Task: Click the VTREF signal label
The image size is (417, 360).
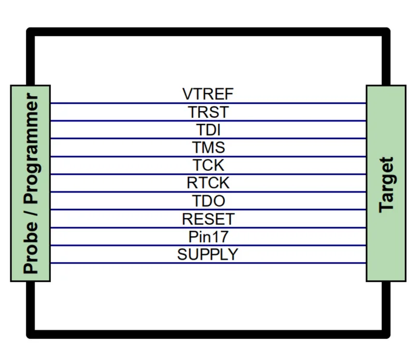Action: click(208, 94)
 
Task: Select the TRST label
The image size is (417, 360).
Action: click(208, 112)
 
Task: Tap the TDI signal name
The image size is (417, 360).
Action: click(208, 130)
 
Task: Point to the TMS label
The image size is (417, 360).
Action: click(208, 147)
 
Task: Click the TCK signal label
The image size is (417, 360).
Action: click(208, 165)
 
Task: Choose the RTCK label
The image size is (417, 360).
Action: click(208, 183)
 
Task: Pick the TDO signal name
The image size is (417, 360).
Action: click(208, 201)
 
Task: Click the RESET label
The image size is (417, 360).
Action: click(208, 219)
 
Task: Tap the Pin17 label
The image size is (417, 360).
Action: click(208, 237)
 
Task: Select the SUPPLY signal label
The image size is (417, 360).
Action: click(207, 254)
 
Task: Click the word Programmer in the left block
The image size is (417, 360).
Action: click(31, 149)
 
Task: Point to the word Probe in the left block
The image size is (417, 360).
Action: click(31, 248)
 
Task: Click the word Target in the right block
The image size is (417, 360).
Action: click(386, 185)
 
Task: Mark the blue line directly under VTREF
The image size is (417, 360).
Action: click(208, 103)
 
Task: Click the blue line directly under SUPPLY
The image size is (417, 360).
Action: click(208, 263)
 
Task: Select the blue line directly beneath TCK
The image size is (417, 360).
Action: click(208, 174)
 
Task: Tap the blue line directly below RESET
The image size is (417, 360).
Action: click(208, 228)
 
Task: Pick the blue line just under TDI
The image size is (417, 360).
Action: click(208, 138)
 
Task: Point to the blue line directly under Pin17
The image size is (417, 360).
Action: click(208, 245)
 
